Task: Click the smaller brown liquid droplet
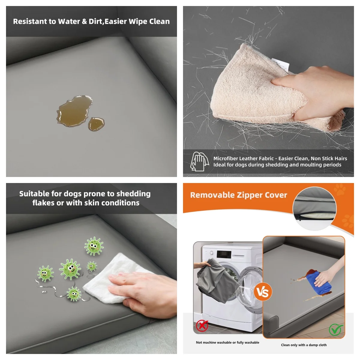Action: click(96, 124)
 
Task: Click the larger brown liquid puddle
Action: click(75, 111)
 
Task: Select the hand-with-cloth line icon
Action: click(199, 161)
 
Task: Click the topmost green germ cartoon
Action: click(94, 246)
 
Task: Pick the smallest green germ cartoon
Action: click(92, 266)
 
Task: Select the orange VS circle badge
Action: click(263, 292)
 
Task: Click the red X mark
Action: click(202, 325)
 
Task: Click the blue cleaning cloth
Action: click(319, 283)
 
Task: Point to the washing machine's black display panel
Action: click(224, 254)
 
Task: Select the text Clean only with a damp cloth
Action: click(304, 345)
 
